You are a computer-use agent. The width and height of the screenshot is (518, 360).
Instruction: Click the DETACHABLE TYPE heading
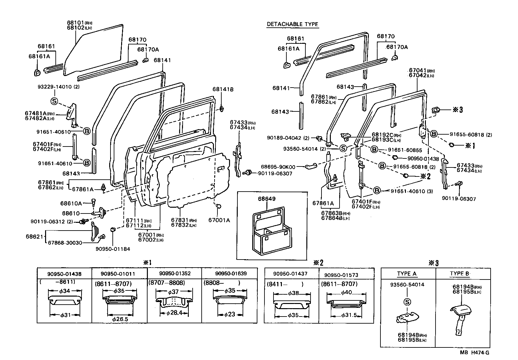(293, 24)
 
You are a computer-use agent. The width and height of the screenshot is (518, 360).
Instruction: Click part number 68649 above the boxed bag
(267, 199)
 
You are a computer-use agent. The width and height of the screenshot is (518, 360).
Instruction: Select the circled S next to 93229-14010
(54, 101)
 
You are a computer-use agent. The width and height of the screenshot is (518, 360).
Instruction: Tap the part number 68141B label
(223, 89)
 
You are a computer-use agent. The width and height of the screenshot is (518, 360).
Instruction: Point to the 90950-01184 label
(113, 249)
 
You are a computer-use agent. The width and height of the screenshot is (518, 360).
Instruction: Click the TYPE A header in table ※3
(407, 274)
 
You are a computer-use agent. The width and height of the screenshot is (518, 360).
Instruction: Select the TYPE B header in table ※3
(459, 274)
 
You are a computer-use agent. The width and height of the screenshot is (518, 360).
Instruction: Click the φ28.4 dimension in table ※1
(174, 313)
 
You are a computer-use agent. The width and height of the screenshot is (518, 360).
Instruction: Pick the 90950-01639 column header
(231, 273)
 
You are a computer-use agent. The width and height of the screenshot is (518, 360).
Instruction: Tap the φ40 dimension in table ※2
(346, 292)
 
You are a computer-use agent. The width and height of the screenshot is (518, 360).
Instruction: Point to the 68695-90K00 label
(278, 167)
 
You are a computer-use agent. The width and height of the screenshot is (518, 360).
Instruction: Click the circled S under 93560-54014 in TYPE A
(407, 302)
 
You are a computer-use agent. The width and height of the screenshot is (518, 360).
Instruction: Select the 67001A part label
(219, 220)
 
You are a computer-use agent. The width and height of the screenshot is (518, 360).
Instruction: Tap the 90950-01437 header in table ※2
(290, 274)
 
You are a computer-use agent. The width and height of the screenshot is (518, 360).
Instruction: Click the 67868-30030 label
(65, 242)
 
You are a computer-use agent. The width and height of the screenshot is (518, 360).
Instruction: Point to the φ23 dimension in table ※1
(230, 315)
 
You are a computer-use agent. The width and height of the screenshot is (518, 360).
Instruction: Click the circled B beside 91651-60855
(374, 149)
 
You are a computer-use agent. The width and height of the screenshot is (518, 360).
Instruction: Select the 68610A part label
(71, 203)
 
